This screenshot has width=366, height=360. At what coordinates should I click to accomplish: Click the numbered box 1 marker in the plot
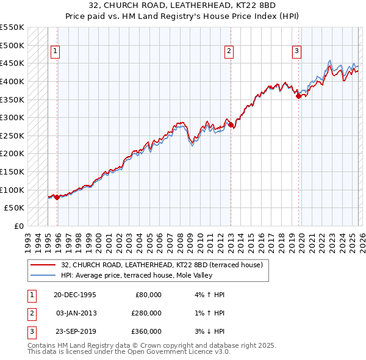(56, 52)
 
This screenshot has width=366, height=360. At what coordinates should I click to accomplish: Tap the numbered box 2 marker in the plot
(229, 52)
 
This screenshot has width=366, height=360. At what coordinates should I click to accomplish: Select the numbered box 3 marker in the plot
(296, 52)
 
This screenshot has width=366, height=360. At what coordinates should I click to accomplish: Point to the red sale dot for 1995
(57, 196)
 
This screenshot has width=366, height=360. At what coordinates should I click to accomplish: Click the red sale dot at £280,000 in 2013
(231, 125)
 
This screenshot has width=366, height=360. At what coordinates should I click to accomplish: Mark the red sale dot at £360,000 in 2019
(298, 96)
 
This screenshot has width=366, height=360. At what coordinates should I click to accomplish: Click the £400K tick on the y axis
(12, 81)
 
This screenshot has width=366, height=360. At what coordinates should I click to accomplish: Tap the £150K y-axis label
(12, 171)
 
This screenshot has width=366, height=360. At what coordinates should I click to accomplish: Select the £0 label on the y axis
(18, 226)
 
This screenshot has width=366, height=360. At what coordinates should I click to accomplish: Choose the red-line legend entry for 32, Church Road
(162, 265)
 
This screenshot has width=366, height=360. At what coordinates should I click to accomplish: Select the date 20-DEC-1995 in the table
(74, 294)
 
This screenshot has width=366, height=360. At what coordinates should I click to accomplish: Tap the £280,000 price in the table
(146, 313)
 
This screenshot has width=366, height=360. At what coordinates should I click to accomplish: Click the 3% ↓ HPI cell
(208, 331)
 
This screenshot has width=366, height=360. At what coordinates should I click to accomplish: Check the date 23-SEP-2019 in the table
(74, 331)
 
